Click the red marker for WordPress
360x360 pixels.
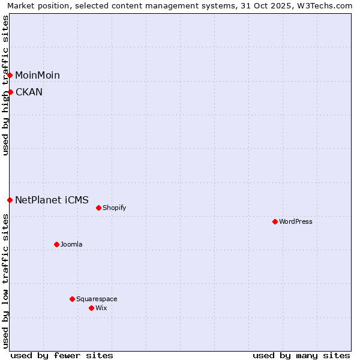click(x=275, y=221)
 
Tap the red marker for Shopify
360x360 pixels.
click(x=99, y=208)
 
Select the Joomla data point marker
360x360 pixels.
click(x=57, y=244)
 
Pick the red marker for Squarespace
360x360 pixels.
click(x=73, y=299)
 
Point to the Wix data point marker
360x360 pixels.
click(x=92, y=308)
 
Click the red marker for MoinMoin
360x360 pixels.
click(x=10, y=75)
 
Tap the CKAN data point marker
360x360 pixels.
click(x=10, y=92)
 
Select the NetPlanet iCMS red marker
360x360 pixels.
click(x=10, y=200)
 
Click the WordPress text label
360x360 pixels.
click(x=296, y=221)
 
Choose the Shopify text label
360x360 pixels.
click(x=115, y=208)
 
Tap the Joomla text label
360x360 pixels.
click(x=71, y=244)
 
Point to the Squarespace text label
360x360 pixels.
click(x=97, y=299)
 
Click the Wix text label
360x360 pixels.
click(x=101, y=308)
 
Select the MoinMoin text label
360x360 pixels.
click(x=37, y=75)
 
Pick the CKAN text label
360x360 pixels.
click(x=29, y=92)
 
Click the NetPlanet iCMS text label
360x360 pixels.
click(x=52, y=200)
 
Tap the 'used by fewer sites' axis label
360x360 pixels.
click(x=62, y=355)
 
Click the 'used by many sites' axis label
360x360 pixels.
click(x=301, y=355)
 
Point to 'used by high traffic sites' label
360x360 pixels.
click(x=5, y=85)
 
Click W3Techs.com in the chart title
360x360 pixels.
click(x=325, y=5)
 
